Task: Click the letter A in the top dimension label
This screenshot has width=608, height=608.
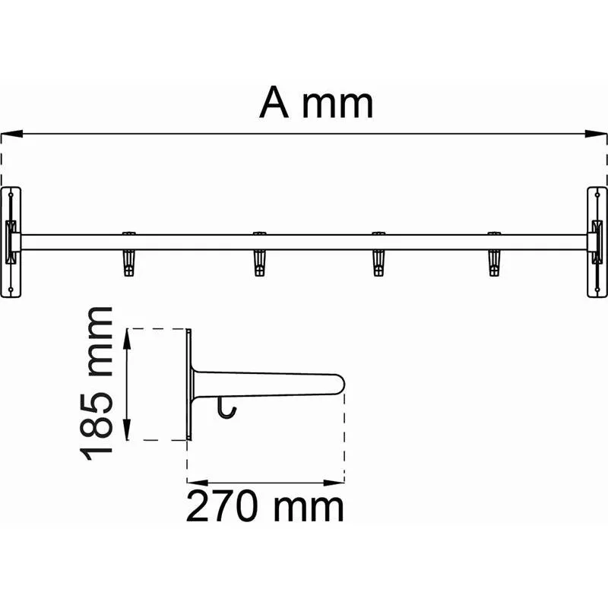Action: (x=274, y=102)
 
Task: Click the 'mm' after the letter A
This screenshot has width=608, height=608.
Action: (x=337, y=106)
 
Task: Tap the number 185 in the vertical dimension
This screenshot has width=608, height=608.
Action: (x=97, y=426)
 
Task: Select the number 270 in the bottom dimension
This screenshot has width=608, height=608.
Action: (x=222, y=506)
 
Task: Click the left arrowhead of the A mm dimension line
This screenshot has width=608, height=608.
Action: (x=11, y=134)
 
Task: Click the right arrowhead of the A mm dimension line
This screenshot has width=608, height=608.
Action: (x=596, y=134)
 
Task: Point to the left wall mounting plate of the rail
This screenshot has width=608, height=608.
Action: (x=11, y=242)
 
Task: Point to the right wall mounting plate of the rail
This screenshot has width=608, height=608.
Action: (x=597, y=242)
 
